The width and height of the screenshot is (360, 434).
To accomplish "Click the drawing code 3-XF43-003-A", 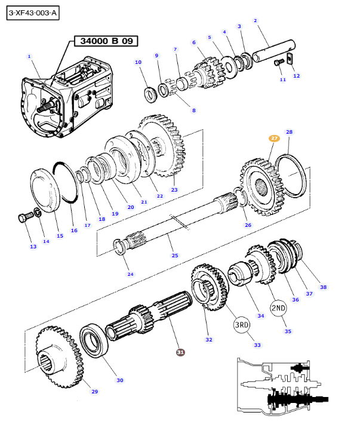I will click(34, 13).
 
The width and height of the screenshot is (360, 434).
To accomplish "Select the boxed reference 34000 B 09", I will click(105, 41).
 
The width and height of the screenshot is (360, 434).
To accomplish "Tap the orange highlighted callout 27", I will click(274, 138).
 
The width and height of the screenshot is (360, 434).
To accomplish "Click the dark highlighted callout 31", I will click(180, 352).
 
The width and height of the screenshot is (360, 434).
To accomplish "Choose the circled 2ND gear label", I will click(279, 308).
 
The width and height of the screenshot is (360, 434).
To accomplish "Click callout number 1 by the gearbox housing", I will click(29, 56).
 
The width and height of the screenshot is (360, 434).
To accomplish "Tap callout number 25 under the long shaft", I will click(175, 256).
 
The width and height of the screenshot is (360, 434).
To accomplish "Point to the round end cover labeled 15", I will click(48, 190).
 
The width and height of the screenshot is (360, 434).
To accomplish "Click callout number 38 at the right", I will click(323, 287).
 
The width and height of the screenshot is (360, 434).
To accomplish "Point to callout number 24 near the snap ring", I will click(130, 274).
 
